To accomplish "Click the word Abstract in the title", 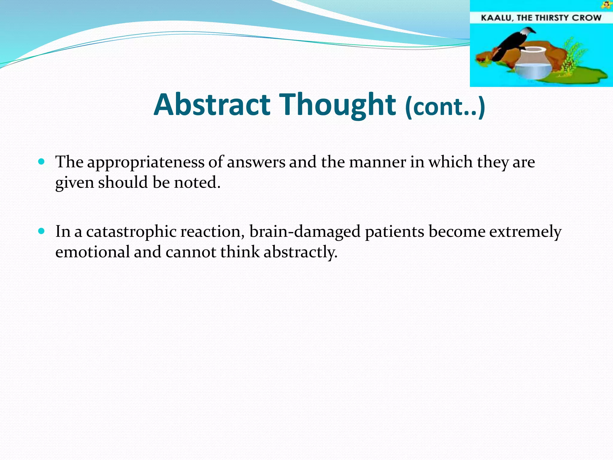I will coord(212,105).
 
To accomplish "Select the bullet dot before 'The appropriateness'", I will coord(42,162).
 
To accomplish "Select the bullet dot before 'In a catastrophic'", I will coord(42,231).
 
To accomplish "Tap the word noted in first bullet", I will coord(197,182).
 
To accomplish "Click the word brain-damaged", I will coord(305,231).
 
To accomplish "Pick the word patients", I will coord(394,231).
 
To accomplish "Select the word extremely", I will coord(525,231).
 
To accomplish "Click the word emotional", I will coord(92,252).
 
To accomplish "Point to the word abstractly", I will coord(300,252).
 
